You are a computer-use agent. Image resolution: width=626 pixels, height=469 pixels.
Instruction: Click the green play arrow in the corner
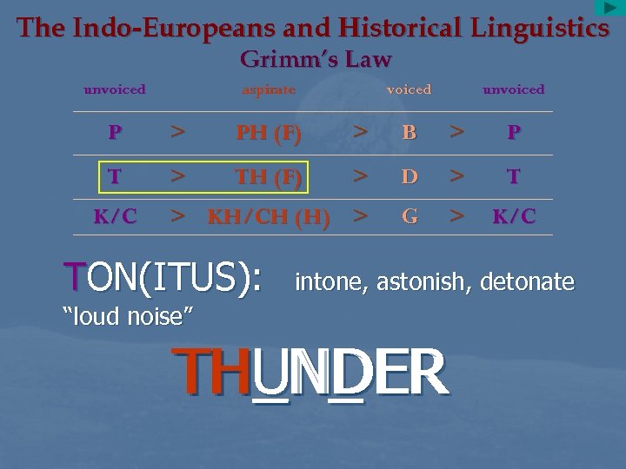point(609,8)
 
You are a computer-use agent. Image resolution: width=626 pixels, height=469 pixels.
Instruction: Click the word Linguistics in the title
point(539,28)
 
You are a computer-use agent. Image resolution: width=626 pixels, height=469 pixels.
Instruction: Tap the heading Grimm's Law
point(315,59)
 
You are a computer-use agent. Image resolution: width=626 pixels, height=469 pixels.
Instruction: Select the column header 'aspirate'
point(269,89)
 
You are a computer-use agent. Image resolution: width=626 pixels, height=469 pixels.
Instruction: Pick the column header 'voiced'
point(409,89)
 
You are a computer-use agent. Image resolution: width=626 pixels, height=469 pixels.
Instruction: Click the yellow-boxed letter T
point(115,176)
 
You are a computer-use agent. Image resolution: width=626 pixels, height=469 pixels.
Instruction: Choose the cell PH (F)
point(269,134)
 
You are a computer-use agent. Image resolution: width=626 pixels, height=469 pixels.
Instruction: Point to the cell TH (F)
point(269,177)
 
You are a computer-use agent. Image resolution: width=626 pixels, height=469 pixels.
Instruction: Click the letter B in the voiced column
point(409,134)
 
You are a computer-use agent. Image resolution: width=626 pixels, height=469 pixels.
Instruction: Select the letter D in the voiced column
point(409,177)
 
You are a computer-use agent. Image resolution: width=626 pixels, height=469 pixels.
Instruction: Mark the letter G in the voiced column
point(409,217)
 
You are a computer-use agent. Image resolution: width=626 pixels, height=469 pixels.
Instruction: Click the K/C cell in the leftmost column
point(115,217)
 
